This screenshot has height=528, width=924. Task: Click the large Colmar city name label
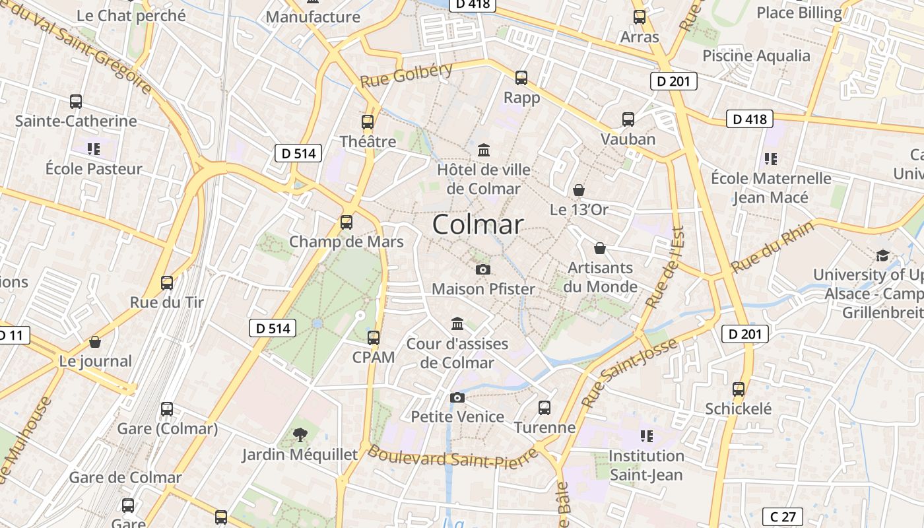[478, 224]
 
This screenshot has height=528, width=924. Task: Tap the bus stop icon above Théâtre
[368, 122]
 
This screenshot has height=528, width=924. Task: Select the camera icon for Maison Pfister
[483, 269]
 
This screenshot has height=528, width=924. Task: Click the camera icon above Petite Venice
[457, 397]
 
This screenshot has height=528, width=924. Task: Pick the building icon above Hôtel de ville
[484, 150]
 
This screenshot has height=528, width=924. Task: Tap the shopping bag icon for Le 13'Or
[579, 190]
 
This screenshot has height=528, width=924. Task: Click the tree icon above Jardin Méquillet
[300, 434]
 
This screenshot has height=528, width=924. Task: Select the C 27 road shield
[783, 516]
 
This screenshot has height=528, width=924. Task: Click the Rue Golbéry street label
[407, 75]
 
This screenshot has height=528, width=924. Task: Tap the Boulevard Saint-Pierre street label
[451, 459]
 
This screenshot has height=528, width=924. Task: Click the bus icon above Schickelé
[739, 389]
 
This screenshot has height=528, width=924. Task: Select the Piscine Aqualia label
[756, 55]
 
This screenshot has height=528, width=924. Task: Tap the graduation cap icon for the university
[882, 255]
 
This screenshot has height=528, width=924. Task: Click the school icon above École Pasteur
[93, 149]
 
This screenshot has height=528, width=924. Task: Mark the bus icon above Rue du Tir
[167, 283]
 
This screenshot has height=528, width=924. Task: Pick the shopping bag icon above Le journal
[95, 342]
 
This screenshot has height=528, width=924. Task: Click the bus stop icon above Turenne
[544, 408]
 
